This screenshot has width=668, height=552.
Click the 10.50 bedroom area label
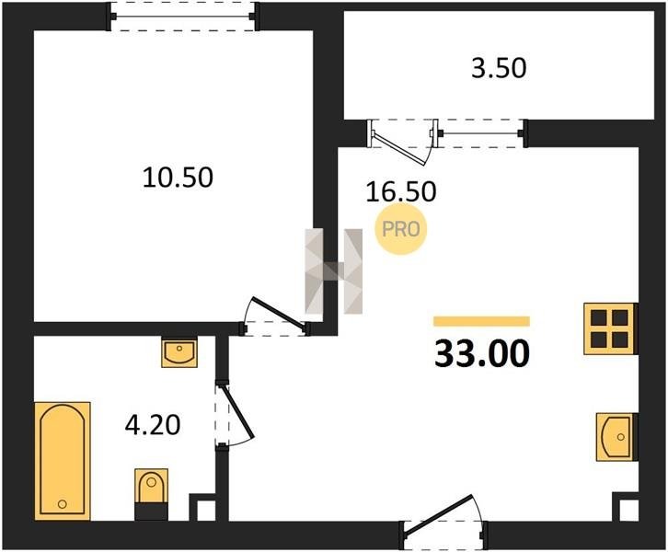tap(178, 178)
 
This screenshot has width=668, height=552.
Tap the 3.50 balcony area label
tap(499, 68)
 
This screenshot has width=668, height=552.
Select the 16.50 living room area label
tap(401, 191)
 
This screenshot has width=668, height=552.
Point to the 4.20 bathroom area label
tap(153, 425)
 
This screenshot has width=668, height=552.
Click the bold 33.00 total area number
tap(482, 353)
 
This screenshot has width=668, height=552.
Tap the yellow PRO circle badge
tap(400, 229)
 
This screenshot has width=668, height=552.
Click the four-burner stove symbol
tap(610, 328)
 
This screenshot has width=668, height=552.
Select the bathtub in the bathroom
tap(63, 461)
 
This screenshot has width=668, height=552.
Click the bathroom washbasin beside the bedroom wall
tap(179, 352)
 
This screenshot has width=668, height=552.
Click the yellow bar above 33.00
tap(481, 321)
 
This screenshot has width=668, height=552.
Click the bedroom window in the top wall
tap(184, 17)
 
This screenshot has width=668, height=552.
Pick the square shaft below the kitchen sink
tap(626, 507)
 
